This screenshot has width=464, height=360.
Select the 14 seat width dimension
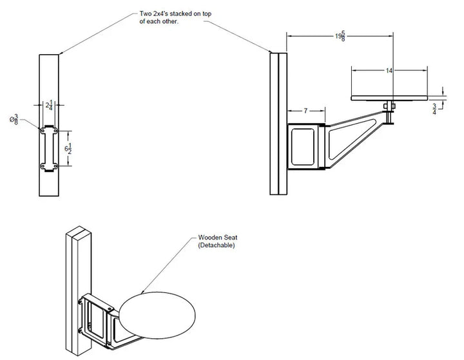[x=389, y=71]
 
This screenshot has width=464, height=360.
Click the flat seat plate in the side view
[x=389, y=99]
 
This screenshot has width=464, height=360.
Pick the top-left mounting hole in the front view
[x=43, y=131]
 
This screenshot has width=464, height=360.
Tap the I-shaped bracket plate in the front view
[x=49, y=149]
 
